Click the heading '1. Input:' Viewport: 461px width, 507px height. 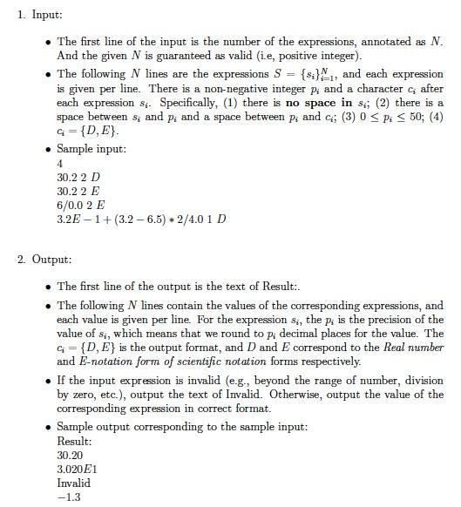[40, 15]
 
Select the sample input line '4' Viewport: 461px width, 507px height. [60, 163]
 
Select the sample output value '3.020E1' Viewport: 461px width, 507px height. [78, 469]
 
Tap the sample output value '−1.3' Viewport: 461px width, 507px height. [71, 497]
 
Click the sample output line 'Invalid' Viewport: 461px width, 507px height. [73, 483]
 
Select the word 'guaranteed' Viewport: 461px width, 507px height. [166, 54]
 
